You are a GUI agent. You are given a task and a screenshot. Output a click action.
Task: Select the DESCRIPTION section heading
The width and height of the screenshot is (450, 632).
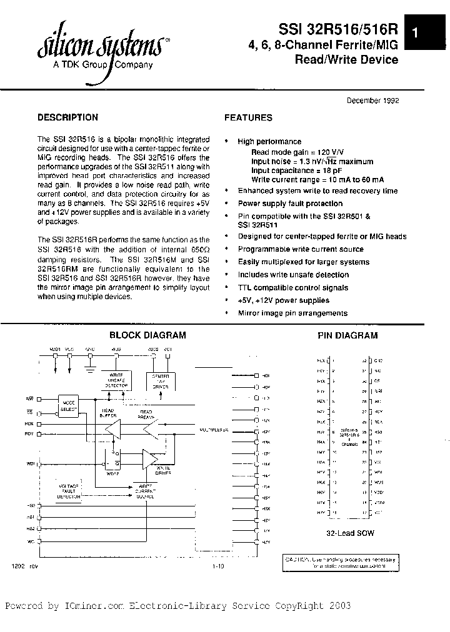(67, 117)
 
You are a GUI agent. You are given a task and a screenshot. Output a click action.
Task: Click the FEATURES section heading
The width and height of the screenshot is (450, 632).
(248, 117)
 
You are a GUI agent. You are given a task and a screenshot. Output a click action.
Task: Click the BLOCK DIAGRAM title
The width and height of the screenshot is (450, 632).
(147, 335)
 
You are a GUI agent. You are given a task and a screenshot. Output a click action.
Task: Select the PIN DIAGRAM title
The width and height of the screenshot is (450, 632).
(347, 335)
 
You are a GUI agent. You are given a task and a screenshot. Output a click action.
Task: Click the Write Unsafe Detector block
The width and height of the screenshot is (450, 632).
(116, 382)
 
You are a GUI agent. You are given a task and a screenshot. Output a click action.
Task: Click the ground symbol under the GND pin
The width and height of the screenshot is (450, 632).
(91, 371)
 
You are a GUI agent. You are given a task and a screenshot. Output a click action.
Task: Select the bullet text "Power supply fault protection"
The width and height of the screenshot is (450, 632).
(290, 204)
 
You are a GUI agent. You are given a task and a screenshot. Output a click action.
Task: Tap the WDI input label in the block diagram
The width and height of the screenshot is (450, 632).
(29, 464)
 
